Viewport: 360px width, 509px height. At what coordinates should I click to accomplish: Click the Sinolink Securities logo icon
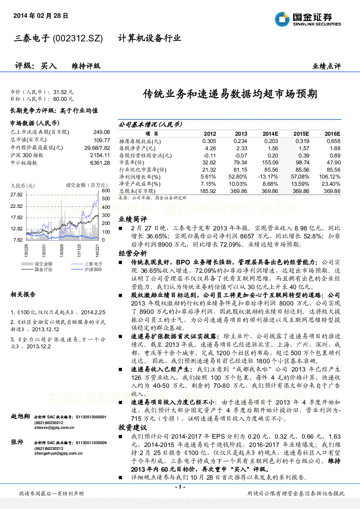click(282, 19)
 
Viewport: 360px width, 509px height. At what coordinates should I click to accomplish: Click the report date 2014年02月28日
click(41, 16)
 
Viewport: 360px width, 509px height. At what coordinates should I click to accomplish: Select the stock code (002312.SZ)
click(78, 38)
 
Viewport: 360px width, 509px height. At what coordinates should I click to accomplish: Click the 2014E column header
click(270, 134)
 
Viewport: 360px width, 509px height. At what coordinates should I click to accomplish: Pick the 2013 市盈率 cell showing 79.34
click(240, 163)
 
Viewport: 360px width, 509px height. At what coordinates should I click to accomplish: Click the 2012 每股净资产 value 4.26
click(210, 148)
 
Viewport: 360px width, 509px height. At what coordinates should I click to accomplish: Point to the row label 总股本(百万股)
click(137, 191)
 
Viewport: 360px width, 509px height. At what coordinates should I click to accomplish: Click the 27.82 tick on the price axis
click(17, 194)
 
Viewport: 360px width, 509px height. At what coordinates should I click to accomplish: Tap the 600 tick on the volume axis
click(106, 190)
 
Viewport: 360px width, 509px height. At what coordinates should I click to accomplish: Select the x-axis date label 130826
click(62, 251)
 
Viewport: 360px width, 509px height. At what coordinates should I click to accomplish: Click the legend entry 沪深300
click(93, 270)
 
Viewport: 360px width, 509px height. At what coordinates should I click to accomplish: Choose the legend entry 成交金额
click(44, 264)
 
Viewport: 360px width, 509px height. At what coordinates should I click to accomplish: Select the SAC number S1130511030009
click(91, 443)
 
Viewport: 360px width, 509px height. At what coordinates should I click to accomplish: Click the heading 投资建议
click(132, 427)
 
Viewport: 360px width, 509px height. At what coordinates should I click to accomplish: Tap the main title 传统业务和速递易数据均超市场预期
click(230, 94)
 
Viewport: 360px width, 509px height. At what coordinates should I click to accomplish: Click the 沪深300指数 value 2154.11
click(100, 155)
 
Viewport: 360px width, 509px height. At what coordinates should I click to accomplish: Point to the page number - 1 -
click(180, 487)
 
